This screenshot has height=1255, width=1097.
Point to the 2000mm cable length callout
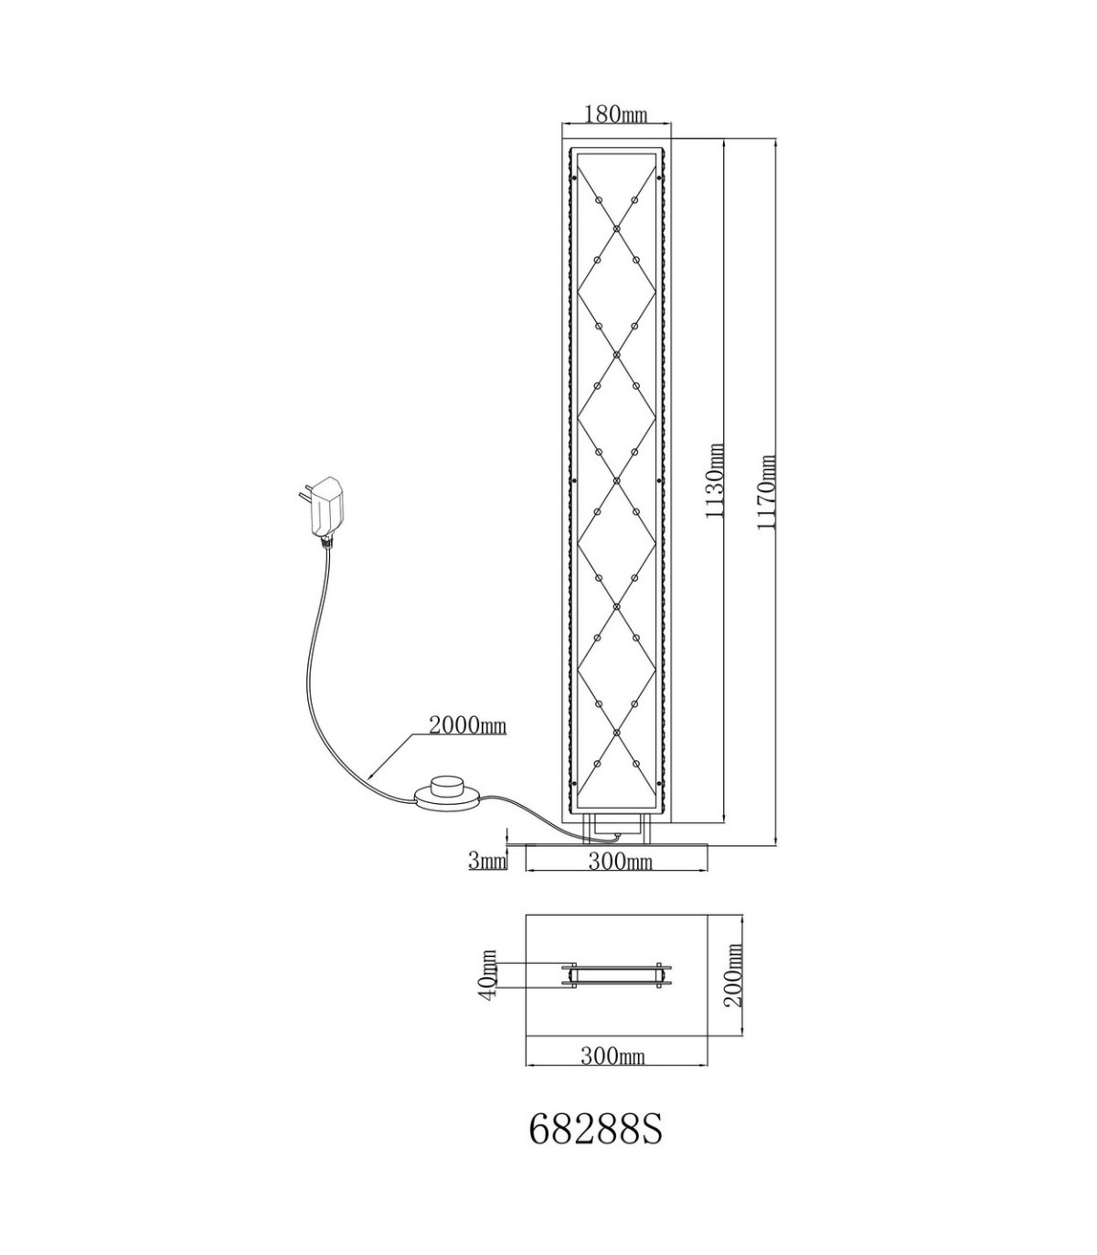point(468,725)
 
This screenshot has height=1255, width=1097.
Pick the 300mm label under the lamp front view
point(620,861)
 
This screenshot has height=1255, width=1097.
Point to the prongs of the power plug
point(304,494)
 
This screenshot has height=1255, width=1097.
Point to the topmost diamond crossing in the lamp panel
point(617,229)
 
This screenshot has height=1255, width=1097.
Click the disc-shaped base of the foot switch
point(448,799)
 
